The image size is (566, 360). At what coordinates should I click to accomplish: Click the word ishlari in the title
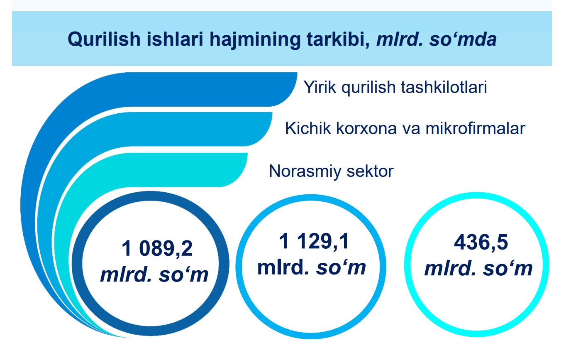(x=175, y=39)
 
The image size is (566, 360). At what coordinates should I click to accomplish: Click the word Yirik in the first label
(x=320, y=87)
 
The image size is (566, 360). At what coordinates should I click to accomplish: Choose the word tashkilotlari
(x=444, y=87)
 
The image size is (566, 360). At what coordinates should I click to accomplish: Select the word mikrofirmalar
(x=475, y=128)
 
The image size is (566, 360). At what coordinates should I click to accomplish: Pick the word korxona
(x=366, y=128)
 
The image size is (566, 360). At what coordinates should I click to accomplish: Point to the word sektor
(x=370, y=171)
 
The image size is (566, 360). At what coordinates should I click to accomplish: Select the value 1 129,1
(x=314, y=242)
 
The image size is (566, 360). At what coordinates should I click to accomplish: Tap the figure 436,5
(x=481, y=242)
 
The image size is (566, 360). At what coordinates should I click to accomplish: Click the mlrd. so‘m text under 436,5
(x=478, y=269)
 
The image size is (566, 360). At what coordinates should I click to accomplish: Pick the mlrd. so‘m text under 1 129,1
(x=312, y=267)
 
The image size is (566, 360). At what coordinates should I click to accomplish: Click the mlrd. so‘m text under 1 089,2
(x=154, y=274)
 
